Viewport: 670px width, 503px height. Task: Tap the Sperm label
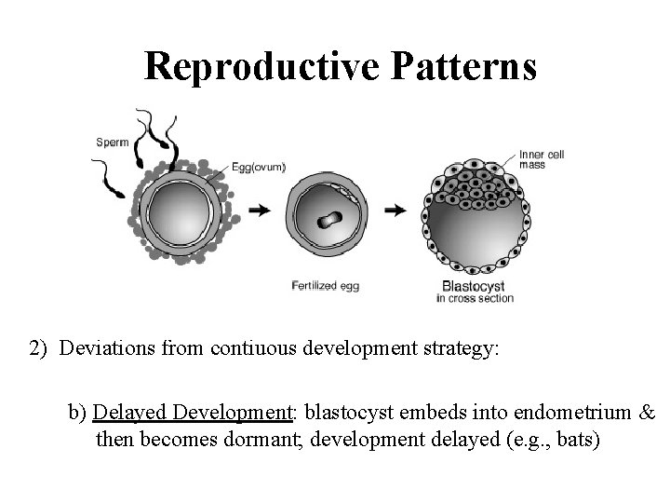point(112,142)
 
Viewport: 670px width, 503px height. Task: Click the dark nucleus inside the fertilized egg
point(327,220)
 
